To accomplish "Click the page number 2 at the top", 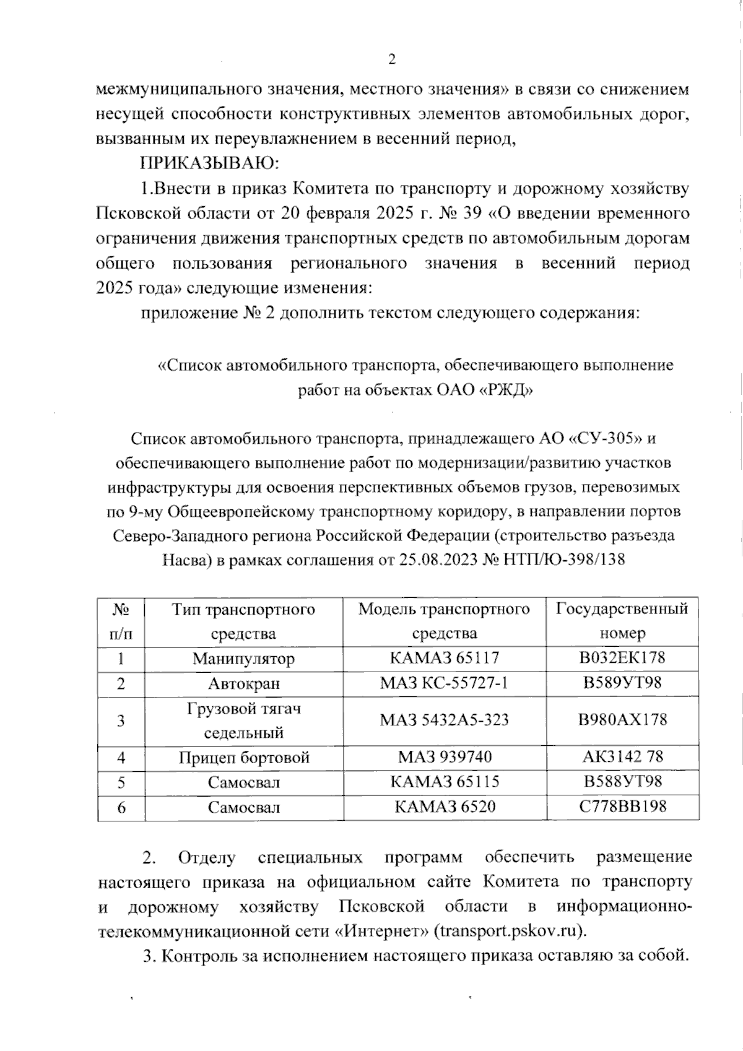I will (391, 60).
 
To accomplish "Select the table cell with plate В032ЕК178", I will (622, 657).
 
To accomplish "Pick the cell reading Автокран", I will (243, 683).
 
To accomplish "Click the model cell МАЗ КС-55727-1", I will (444, 683).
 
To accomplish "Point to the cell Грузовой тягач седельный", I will (243, 720).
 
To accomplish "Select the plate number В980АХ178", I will (622, 720).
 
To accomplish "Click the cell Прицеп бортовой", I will (243, 757).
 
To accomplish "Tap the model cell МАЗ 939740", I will (444, 757).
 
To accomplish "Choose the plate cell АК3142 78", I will (622, 757).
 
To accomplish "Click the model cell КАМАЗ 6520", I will (444, 807).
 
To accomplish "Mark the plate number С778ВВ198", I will (622, 807).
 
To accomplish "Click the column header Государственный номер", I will (622, 621).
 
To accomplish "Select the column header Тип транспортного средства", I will (243, 621).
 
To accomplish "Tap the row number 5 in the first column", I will (121, 782).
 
